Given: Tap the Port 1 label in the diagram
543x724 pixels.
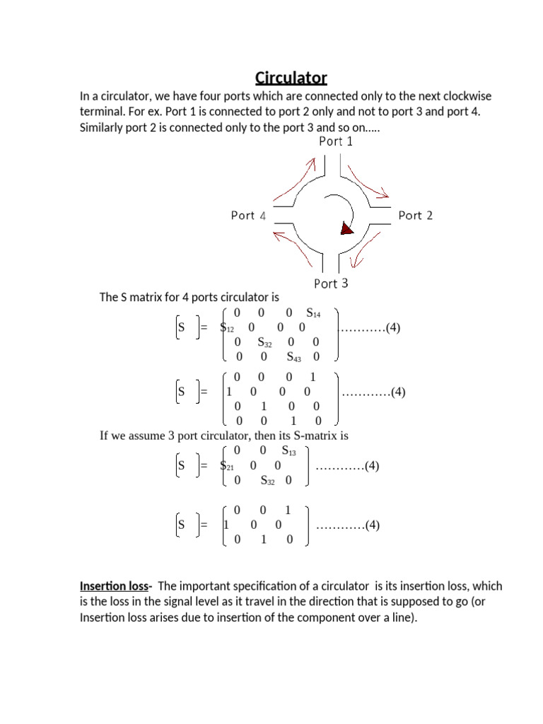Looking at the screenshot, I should (x=336, y=141).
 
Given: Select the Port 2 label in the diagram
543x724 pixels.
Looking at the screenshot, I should (x=415, y=215).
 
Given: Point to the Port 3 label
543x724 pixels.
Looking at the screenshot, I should (x=331, y=284).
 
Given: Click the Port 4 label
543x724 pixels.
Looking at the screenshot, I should (x=248, y=215).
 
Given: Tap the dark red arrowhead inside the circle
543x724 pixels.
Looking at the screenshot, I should (x=346, y=228).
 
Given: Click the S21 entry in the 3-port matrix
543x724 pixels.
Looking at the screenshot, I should (x=228, y=466).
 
